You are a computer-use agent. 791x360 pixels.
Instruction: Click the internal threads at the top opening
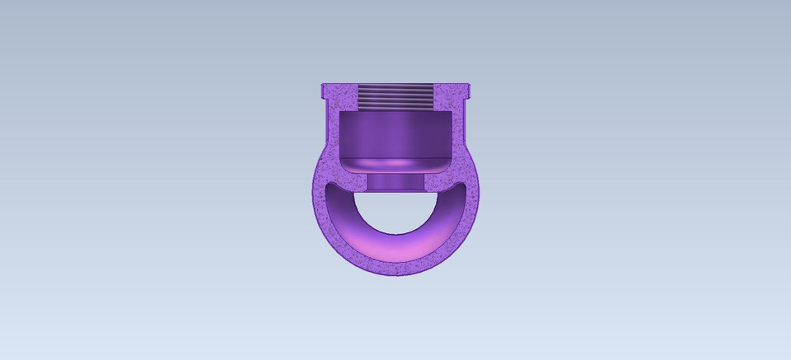pyautogui.click(x=395, y=98)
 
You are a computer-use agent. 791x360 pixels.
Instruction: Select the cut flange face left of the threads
pyautogui.click(x=339, y=97)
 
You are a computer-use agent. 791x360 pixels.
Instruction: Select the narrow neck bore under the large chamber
pyautogui.click(x=395, y=182)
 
